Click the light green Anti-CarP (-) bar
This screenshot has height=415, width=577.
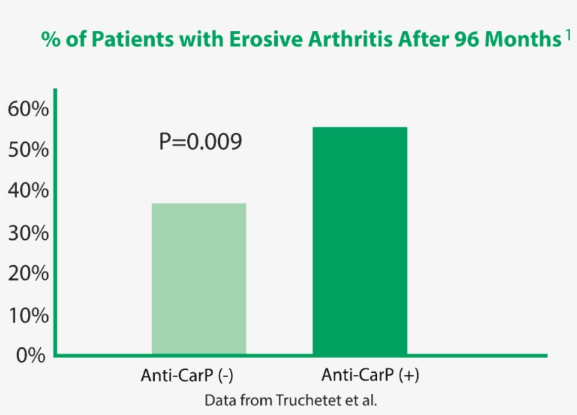click(199, 279)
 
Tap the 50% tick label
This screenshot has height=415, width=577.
click(28, 150)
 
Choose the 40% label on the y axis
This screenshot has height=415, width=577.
click(28, 191)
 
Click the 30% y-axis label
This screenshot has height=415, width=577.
click(28, 233)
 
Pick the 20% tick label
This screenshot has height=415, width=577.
click(28, 274)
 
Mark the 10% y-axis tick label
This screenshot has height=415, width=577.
click(28, 314)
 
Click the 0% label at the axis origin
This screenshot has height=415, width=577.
click(32, 355)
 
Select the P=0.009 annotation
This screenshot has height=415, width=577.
click(201, 142)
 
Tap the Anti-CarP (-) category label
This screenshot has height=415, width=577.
click(187, 375)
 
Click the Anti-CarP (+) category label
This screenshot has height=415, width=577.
click(370, 374)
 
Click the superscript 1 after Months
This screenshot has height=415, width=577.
click(567, 35)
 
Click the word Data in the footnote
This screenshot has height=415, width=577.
click(220, 400)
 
